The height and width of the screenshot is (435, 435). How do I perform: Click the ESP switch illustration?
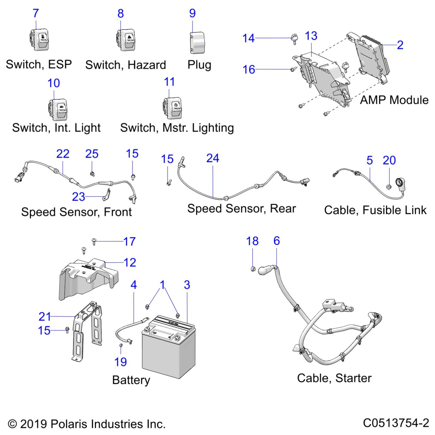(x=40, y=40)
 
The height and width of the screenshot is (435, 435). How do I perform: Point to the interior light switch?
(x=58, y=109)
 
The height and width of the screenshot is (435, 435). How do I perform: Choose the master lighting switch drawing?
(x=172, y=108)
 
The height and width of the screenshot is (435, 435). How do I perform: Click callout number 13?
(x=311, y=36)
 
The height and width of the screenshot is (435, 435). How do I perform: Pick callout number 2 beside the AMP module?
(x=400, y=45)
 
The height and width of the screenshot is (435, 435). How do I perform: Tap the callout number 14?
(x=248, y=38)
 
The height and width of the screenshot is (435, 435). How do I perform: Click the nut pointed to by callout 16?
(x=292, y=69)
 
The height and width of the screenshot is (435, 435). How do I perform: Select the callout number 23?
(x=78, y=197)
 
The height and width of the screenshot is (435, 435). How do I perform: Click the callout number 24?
(x=213, y=158)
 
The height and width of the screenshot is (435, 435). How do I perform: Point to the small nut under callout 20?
(x=388, y=187)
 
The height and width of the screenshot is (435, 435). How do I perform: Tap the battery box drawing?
(x=169, y=348)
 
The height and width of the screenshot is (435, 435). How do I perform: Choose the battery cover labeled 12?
(x=88, y=279)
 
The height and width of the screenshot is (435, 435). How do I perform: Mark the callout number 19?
(x=121, y=362)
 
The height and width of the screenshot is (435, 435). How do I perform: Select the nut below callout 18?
(x=253, y=269)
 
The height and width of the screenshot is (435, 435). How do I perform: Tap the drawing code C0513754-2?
(x=396, y=423)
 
